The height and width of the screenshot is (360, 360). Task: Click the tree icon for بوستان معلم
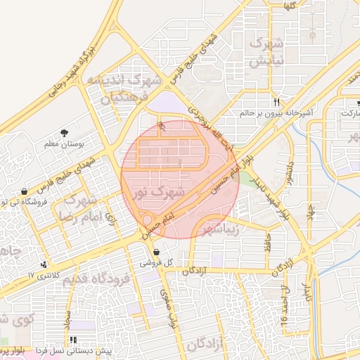65,132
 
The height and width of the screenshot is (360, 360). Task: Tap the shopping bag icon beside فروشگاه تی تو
25,191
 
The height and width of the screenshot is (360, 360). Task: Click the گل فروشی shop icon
156,252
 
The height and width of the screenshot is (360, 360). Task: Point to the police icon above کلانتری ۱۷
45,264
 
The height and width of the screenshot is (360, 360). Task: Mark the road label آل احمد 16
284,307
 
